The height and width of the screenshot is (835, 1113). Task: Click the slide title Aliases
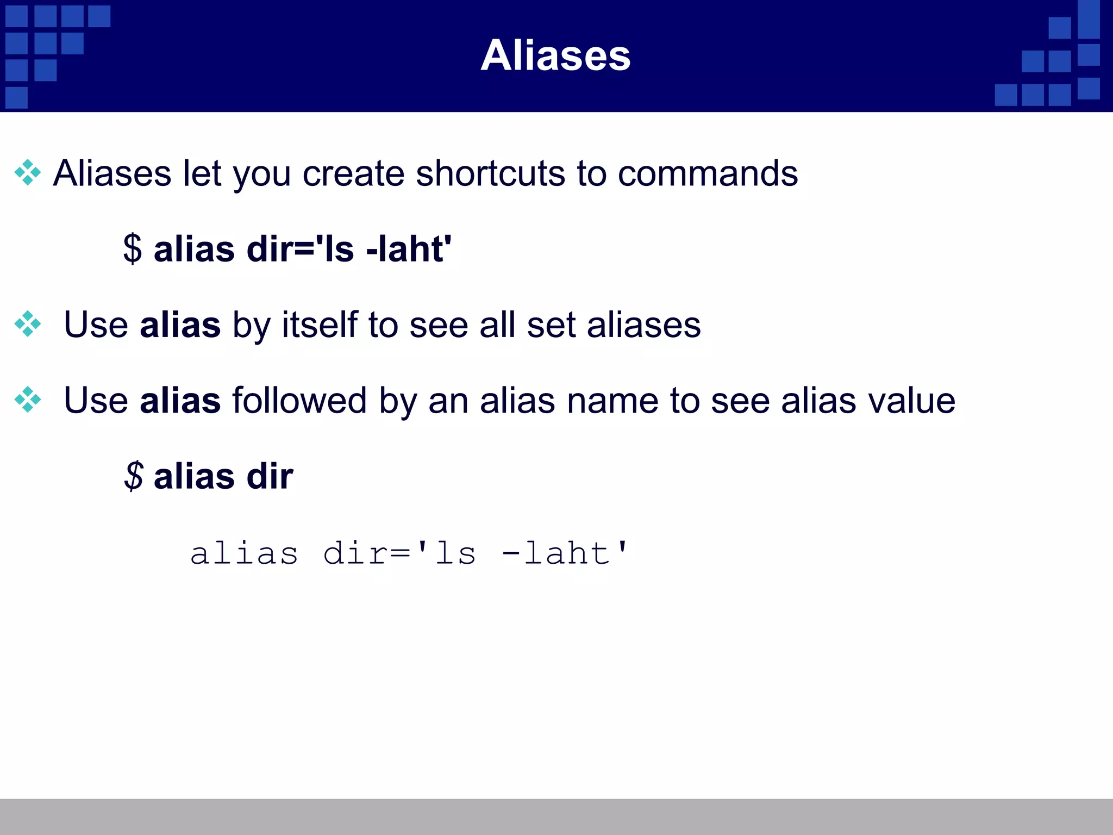(x=555, y=55)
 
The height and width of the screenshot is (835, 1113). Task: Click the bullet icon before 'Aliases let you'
(x=28, y=173)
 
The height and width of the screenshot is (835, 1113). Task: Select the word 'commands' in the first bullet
(x=708, y=174)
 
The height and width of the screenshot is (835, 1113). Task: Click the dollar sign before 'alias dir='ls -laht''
(x=133, y=249)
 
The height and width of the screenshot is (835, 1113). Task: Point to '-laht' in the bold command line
(x=408, y=249)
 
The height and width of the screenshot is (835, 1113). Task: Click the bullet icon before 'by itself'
(x=28, y=324)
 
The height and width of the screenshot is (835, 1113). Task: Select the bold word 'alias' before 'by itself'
(x=180, y=325)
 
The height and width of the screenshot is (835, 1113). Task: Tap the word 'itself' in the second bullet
(x=320, y=325)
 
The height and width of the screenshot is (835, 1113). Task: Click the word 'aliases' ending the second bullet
(x=643, y=325)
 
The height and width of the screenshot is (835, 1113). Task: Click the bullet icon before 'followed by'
(x=28, y=400)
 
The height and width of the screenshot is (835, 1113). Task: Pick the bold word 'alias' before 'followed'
(x=180, y=401)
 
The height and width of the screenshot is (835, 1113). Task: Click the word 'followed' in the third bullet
(x=299, y=401)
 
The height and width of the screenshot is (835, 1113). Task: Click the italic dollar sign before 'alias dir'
(x=134, y=476)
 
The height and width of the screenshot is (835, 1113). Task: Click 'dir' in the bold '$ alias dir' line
(x=270, y=476)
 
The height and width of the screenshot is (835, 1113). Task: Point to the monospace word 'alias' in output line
(x=244, y=554)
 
